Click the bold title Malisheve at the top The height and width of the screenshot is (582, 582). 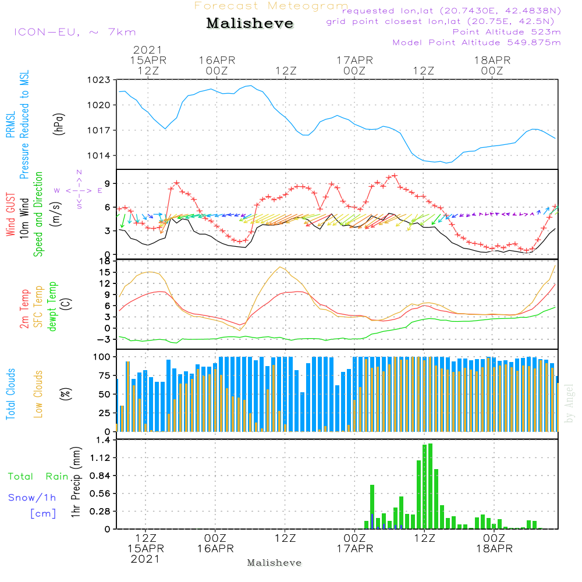coord(250,23)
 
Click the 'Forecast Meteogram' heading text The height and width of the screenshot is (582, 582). coord(271,6)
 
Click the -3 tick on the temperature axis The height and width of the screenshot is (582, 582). coord(104,339)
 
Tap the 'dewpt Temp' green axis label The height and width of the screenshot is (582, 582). coord(53,307)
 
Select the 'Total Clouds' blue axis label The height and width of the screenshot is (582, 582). coord(11,394)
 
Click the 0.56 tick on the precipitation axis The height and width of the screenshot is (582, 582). coord(100,494)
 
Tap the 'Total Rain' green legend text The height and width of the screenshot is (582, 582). coord(38,477)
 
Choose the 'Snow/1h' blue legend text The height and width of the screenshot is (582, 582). coord(33,498)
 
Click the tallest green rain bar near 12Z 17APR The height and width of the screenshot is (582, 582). coord(430,486)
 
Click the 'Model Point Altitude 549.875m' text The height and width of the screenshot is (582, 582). coord(477,42)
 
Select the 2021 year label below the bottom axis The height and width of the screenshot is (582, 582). coord(145,559)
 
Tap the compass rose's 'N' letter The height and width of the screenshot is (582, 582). coord(79,172)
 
